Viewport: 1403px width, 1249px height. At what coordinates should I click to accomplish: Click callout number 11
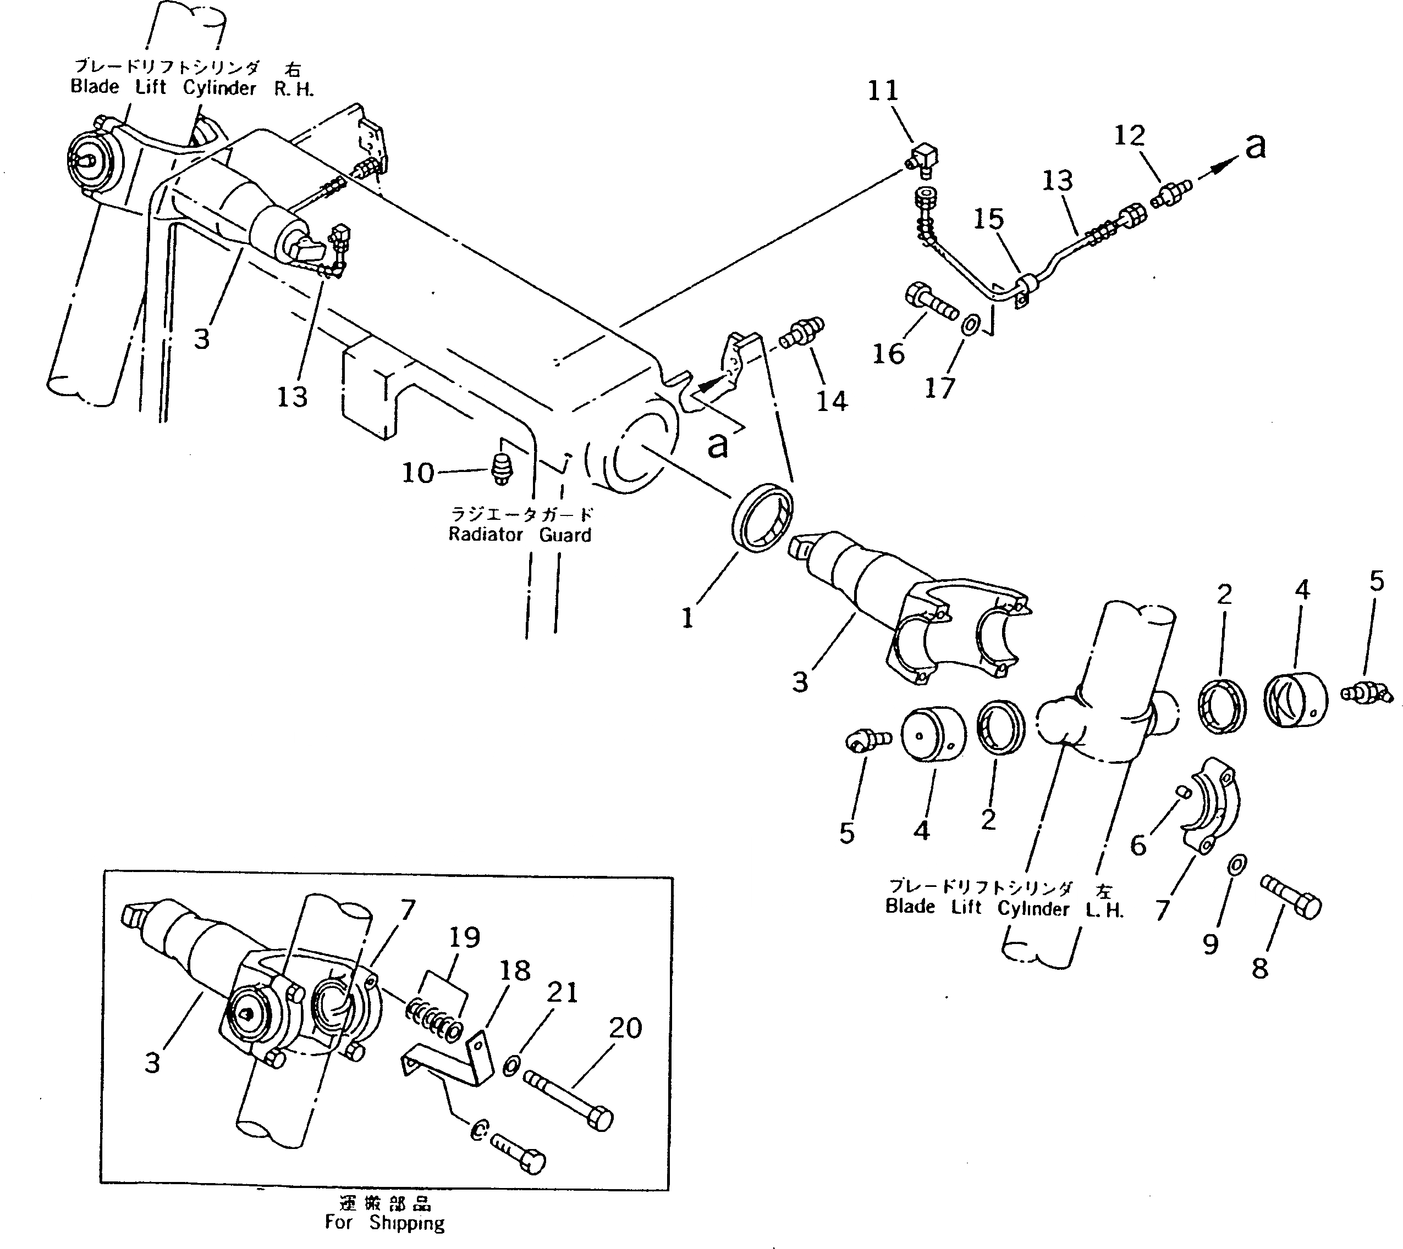click(x=883, y=91)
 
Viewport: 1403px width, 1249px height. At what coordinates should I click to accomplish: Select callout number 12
click(x=1129, y=136)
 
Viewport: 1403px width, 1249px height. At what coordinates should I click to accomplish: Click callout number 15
click(x=988, y=220)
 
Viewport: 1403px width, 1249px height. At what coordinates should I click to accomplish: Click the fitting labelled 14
click(x=801, y=331)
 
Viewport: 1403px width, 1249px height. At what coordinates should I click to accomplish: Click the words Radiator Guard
click(x=519, y=535)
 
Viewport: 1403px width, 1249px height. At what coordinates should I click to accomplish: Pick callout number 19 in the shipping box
click(x=464, y=938)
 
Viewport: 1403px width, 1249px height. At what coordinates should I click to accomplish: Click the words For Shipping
click(x=384, y=1223)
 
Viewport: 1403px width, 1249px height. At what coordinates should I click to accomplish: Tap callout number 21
click(x=562, y=993)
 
